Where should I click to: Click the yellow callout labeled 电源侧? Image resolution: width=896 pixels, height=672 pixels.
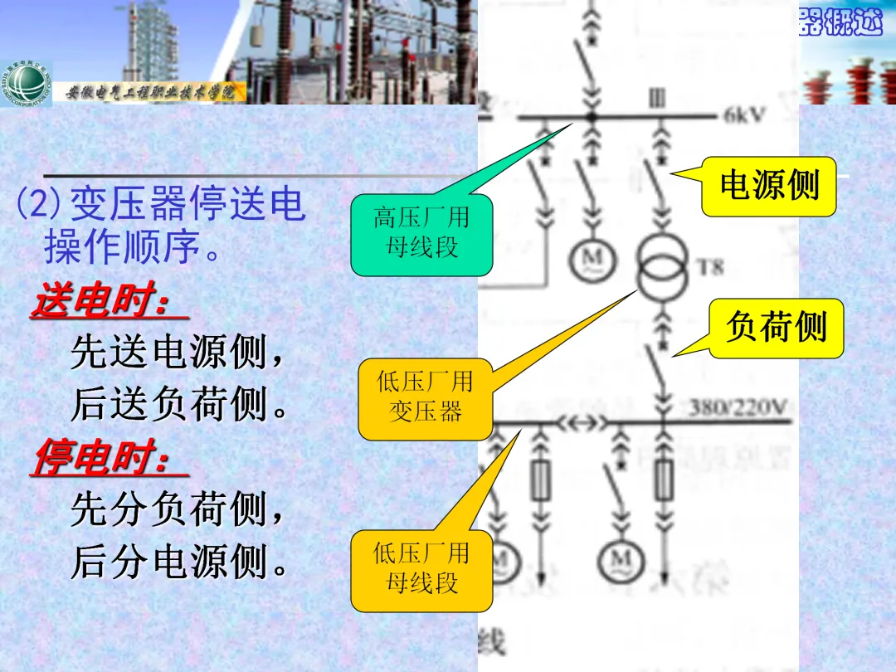coord(768,186)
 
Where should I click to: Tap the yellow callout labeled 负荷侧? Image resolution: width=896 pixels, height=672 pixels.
coord(776,328)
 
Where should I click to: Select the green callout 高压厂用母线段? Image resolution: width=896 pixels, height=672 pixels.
coord(421,233)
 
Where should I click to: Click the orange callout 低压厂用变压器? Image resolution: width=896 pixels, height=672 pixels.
coord(425,397)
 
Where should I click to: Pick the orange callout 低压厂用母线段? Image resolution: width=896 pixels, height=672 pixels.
coord(421,569)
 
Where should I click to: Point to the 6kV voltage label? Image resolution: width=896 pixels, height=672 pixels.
coord(743,116)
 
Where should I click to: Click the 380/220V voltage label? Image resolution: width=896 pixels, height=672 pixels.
coord(738,407)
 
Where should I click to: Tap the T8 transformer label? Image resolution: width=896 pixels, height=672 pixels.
coord(710,267)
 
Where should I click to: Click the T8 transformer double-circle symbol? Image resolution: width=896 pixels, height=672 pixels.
coord(661,270)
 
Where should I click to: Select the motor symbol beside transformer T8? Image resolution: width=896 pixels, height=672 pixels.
coord(592,260)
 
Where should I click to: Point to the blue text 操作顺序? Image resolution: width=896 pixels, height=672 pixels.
coord(133,247)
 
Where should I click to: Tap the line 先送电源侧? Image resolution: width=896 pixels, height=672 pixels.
coord(178,354)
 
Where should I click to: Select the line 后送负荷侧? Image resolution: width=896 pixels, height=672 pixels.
coord(178,406)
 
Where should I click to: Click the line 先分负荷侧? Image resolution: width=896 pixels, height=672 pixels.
coord(178,509)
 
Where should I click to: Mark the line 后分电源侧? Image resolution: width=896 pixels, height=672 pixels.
coord(178,562)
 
